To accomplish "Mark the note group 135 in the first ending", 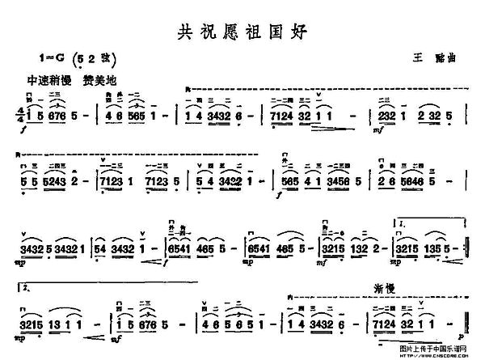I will pos(434,247).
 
